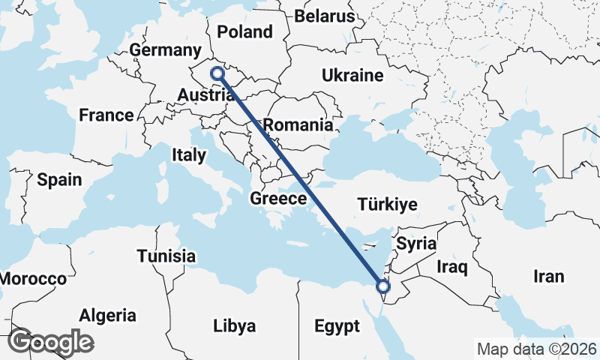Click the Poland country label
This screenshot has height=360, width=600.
click(244, 32)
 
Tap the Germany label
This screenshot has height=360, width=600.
click(162, 50)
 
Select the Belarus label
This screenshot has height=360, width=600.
click(324, 16)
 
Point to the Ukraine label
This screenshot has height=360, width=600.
click(352, 76)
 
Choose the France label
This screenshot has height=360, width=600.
click(106, 115)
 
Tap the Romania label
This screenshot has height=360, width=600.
click(299, 125)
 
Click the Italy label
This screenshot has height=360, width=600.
click(188, 156)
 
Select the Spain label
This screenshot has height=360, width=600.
click(58, 180)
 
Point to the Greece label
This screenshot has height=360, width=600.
click(278, 199)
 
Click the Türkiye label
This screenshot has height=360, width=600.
click(388, 205)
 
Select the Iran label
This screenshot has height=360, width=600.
click(548, 277)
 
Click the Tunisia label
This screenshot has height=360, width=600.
click(166, 256)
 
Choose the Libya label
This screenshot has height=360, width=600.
click(235, 326)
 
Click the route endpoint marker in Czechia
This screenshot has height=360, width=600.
click(217, 73)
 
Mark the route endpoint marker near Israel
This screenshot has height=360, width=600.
click(383, 286)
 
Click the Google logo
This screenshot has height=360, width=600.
click(50, 342)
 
